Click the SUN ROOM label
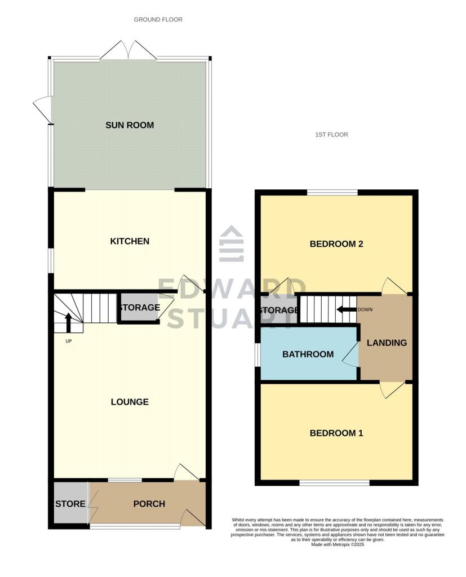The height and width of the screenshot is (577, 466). pos(130,125)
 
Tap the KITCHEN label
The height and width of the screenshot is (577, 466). pos(130,241)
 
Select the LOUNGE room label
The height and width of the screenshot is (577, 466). pos(130,402)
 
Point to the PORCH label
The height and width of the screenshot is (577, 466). pos(149,504)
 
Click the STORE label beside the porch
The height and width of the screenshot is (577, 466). pos(70,504)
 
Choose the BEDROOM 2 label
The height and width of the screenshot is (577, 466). pos(336,244)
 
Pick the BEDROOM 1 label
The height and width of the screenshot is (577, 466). pos(336,433)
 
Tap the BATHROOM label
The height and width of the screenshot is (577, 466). pos(308,354)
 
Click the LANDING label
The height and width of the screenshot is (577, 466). pos(387,343)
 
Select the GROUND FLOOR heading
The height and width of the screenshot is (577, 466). pos(158,20)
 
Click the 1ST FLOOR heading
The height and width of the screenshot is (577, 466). pos(331,135)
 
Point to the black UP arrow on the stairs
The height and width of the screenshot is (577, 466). pos(69,322)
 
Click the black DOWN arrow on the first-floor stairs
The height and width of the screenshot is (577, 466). pos(346,309)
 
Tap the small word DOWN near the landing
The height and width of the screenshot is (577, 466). pos(365,309)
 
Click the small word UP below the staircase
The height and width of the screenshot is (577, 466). pos(69,341)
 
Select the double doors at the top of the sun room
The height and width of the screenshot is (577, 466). pos(128,50)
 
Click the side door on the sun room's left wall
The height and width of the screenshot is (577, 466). pos(43,110)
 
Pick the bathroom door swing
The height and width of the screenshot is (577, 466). pos(351,354)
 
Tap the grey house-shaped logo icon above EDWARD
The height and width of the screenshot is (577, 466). pos(232,243)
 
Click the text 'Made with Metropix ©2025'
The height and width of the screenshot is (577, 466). pos(338,545)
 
